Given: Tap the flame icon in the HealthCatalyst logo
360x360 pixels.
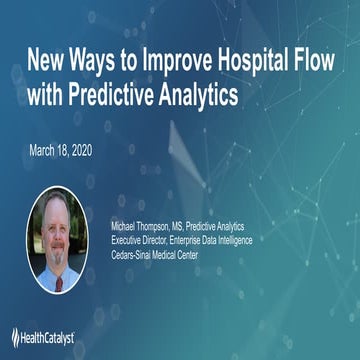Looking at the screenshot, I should point(16,336).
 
